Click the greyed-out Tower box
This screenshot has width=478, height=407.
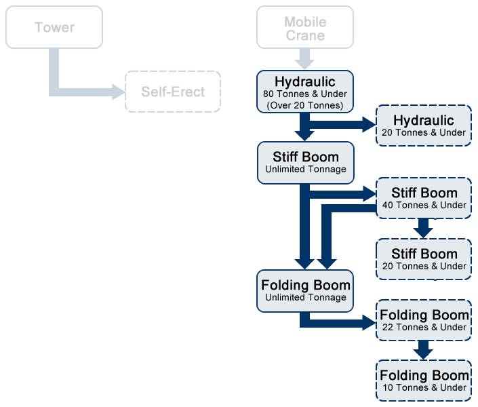coord(54,27)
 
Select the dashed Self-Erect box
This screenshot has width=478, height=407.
coord(173,92)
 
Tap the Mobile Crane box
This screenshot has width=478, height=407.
coord(305,27)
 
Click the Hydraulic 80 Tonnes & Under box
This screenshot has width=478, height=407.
coord(305,92)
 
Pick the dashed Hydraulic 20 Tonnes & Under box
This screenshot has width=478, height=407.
coord(424,125)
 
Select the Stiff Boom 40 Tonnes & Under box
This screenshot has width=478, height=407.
coord(424,198)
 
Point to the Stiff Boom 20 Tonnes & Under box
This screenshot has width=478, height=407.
coord(424,259)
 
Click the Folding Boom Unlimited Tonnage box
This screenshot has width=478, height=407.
coord(305,290)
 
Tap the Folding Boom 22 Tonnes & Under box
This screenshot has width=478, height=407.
coord(424,320)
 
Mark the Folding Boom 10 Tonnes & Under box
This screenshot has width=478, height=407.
coord(424,381)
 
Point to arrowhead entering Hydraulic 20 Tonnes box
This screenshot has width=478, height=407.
coord(369,123)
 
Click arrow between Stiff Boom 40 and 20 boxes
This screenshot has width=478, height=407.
coord(423,229)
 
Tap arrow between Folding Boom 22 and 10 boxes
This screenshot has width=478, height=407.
coord(423,350)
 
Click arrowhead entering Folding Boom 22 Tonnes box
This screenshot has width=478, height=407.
coord(369,320)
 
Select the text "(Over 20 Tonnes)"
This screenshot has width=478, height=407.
coord(305,105)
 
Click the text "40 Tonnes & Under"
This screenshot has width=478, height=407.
coord(424,206)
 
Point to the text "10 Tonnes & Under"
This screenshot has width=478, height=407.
coord(424,388)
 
